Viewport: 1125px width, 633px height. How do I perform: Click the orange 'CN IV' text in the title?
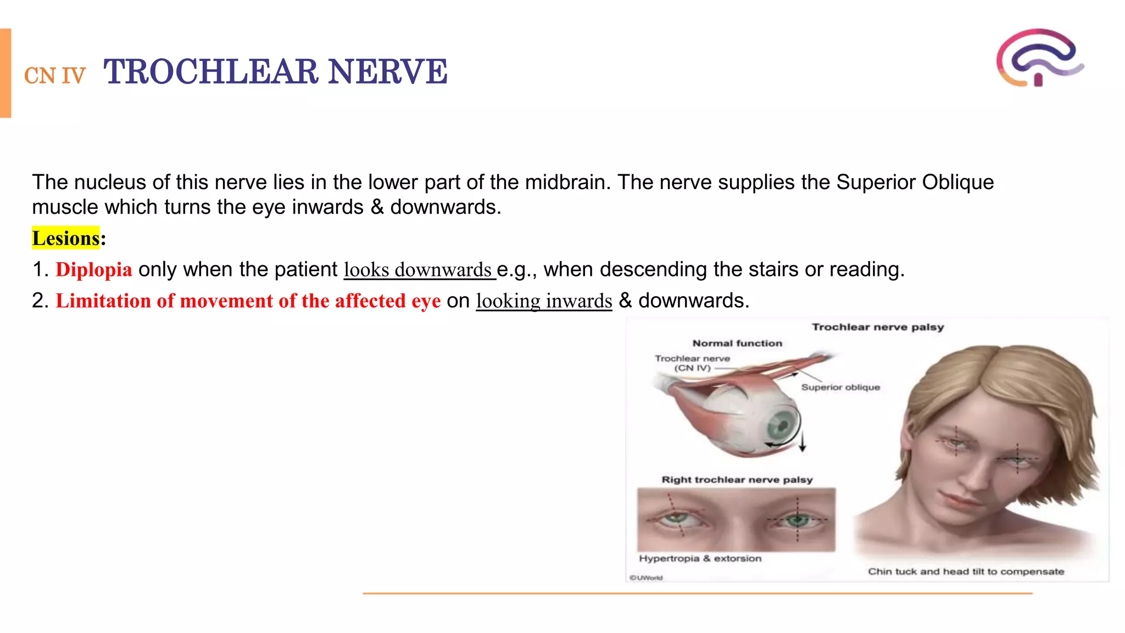pos(55,76)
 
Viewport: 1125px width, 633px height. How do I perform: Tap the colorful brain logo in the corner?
pos(1039,58)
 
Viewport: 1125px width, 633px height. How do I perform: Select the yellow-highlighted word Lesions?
pos(66,238)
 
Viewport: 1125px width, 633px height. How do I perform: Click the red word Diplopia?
pos(94,270)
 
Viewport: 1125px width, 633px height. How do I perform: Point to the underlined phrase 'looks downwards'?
pos(418,270)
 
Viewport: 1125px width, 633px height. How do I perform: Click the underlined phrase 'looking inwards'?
pos(544,301)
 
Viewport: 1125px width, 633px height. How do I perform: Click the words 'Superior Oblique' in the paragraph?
pos(915,182)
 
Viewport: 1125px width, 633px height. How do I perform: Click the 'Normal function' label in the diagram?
pos(737,343)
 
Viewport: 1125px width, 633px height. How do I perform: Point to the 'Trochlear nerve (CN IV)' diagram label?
pos(692,363)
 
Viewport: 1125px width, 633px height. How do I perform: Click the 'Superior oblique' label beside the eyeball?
pos(840,387)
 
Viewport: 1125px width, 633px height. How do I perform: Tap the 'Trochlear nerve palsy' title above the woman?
pos(878,327)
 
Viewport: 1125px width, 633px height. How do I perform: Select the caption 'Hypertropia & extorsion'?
pos(700,559)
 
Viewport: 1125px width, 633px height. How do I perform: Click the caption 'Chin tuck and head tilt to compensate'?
pos(966,572)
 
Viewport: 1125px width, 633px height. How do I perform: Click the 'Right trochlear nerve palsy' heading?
pos(737,480)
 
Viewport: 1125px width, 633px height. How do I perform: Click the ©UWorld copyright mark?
pos(646,578)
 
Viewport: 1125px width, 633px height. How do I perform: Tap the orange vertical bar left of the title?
pos(5,73)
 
